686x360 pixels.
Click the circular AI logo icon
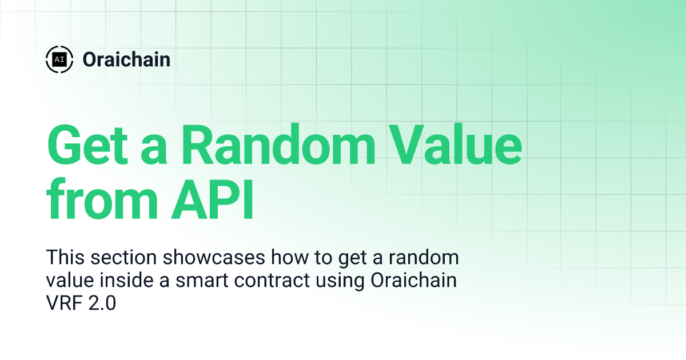[59, 59]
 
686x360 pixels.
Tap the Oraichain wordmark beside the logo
[126, 59]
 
